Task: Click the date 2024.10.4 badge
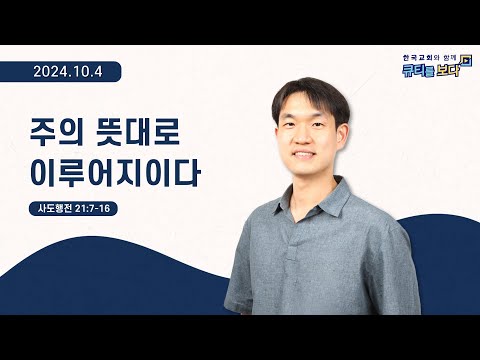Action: [75, 72]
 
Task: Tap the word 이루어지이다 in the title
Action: [115, 173]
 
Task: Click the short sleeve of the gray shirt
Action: [240, 275]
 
